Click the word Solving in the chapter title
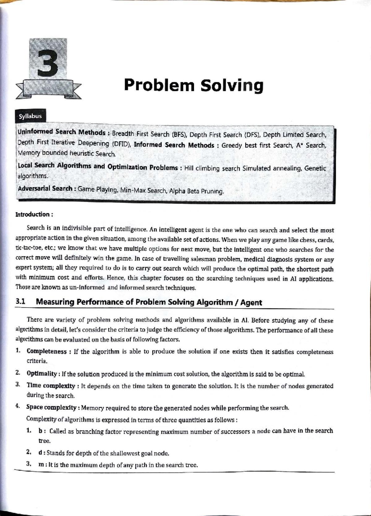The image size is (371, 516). coord(232,86)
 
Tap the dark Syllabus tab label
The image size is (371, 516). coord(30,116)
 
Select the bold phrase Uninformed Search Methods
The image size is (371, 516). coord(62,132)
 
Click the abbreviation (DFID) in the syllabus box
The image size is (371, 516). coord(121,144)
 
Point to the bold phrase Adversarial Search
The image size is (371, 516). coord(45,188)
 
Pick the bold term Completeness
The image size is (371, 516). coord(47,351)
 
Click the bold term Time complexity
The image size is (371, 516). coord(51,386)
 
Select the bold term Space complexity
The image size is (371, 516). coord(51,407)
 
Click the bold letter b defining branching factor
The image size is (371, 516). coord(40,431)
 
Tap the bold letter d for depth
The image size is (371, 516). coord(40,453)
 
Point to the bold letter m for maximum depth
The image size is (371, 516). coord(41,464)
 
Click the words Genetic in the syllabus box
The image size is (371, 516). coord(315,169)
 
